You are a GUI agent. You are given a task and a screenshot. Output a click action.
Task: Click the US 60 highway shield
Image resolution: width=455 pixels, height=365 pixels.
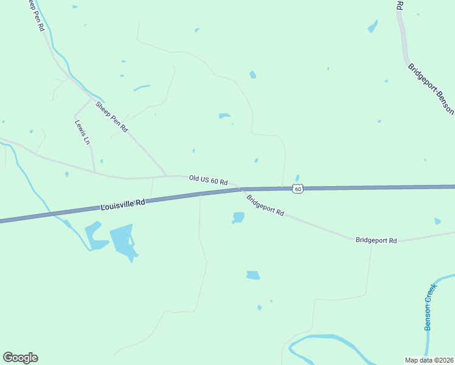tap(297, 189)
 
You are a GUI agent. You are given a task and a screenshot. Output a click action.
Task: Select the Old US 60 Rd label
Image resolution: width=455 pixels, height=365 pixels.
tap(208, 180)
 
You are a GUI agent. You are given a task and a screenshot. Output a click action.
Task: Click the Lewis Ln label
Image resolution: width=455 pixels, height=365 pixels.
tap(82, 132)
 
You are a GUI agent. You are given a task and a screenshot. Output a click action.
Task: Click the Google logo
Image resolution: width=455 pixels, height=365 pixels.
tap(20, 358)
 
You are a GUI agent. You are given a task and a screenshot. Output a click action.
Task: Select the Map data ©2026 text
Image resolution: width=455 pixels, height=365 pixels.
tap(429, 360)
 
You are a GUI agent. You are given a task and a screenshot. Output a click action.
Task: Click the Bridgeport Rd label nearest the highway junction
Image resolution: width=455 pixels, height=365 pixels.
tap(265, 205)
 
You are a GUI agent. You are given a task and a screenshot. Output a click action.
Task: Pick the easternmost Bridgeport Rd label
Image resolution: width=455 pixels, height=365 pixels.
tap(376, 241)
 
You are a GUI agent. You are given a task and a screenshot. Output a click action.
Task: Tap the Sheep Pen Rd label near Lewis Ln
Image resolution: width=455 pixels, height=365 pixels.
tap(112, 116)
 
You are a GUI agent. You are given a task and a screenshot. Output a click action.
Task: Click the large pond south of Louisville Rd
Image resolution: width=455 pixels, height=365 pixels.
tap(122, 240)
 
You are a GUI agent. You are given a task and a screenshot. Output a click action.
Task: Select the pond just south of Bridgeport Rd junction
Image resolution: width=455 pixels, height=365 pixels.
tap(238, 217)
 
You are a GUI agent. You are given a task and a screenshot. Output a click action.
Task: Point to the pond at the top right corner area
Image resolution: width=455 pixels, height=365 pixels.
tap(372, 27)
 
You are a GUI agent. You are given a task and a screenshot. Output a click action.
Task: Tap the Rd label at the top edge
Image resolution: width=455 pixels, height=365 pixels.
tap(400, 5)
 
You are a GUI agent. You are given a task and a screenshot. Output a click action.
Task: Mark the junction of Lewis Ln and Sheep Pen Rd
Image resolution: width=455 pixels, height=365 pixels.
tap(92, 99)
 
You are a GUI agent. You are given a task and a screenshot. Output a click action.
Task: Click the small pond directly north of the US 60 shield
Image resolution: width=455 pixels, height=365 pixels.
tap(297, 178)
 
